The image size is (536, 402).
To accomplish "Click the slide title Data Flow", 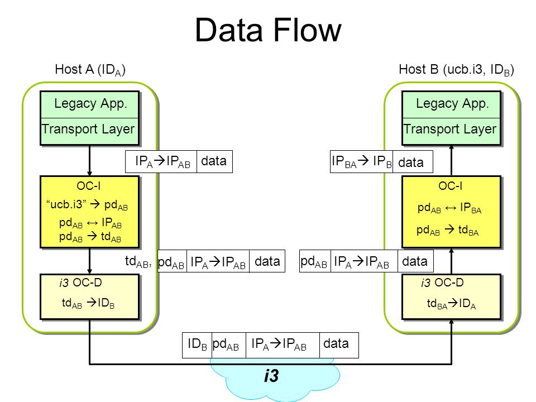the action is point(268,30).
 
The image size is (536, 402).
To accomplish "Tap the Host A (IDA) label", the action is point(90,70).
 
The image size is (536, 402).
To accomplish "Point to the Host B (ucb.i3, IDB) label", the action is point(456,70).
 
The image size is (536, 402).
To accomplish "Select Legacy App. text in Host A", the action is point(90,104).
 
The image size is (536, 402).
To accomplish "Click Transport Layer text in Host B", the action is point(450,129).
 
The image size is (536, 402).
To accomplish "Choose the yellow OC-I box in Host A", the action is point(89,212).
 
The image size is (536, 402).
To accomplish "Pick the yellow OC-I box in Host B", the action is point(451,212).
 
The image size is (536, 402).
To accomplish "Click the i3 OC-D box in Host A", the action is point(89,296).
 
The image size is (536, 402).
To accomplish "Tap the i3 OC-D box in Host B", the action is point(451,296).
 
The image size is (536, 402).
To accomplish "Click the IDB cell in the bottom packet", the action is point(197,345).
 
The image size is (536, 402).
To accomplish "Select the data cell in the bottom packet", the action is point(339,345).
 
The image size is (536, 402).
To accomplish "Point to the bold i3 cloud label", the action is point(271,375).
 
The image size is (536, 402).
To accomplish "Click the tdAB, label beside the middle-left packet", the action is point(138,261).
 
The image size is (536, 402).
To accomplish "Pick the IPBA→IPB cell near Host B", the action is point(361,161).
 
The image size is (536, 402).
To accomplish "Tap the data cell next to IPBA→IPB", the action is point(413,161).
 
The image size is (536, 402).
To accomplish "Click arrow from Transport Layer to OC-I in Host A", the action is point(89,161).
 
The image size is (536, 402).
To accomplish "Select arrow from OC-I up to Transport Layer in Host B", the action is point(451,161).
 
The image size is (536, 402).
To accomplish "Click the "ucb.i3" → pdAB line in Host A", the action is point(87,205).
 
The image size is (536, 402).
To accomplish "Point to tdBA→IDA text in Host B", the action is point(451,304).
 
